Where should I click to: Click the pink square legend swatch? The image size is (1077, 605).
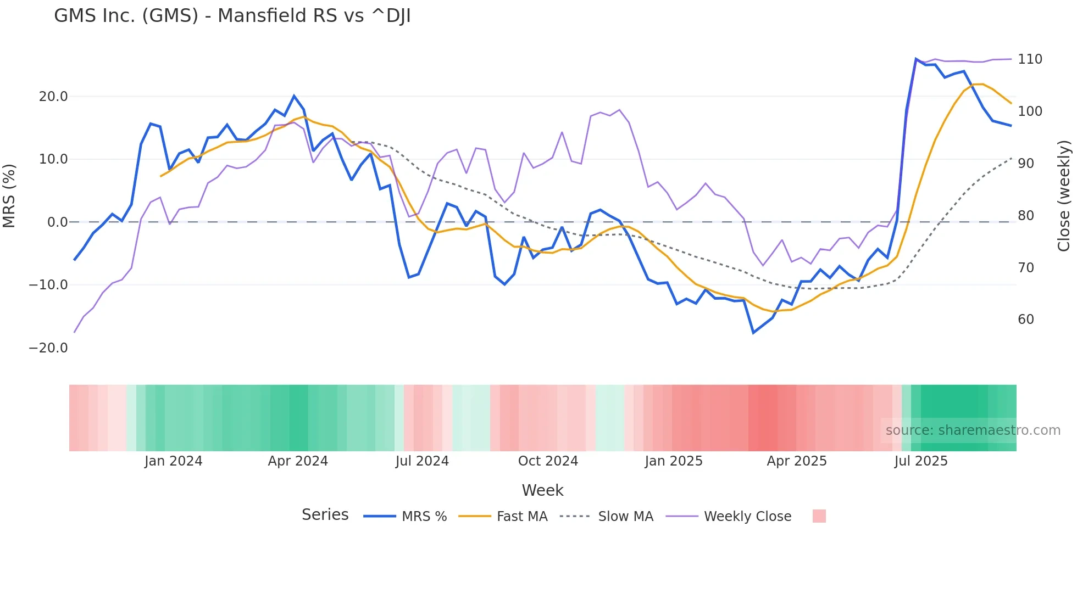(819, 516)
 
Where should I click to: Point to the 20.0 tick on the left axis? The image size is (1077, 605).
(53, 97)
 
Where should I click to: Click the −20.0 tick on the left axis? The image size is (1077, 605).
(48, 348)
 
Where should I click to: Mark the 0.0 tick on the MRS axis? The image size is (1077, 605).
(57, 222)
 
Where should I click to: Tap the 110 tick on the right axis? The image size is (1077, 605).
(1030, 59)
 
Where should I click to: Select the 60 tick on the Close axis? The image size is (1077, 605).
(1026, 320)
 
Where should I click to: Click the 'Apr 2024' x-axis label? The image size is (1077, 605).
(298, 461)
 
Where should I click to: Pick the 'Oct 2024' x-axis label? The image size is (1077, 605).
(548, 461)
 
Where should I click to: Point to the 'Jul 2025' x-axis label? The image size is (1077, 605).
(921, 461)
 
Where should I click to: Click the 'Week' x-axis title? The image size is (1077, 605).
(542, 490)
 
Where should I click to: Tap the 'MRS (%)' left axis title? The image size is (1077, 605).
(9, 196)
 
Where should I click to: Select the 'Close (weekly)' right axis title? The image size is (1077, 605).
(1064, 196)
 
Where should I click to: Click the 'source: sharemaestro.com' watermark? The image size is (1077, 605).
(973, 430)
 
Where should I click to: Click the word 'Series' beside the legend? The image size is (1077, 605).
(325, 515)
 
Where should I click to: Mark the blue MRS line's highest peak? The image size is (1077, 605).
(916, 58)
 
